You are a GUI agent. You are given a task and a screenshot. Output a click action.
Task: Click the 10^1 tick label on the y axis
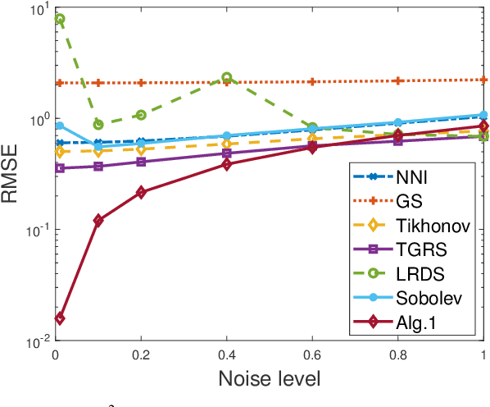[x=34, y=11]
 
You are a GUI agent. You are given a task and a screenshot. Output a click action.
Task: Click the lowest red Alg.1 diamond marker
[x=60, y=318]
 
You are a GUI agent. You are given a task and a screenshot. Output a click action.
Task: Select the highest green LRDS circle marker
[x=60, y=18]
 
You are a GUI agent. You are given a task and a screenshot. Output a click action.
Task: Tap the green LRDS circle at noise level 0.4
[x=227, y=77]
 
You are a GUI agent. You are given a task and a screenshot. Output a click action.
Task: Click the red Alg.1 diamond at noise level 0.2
[x=141, y=192]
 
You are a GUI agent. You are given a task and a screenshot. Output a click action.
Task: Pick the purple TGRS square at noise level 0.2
[x=141, y=162]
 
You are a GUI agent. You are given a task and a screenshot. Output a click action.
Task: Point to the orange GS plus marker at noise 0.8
[x=398, y=80]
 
